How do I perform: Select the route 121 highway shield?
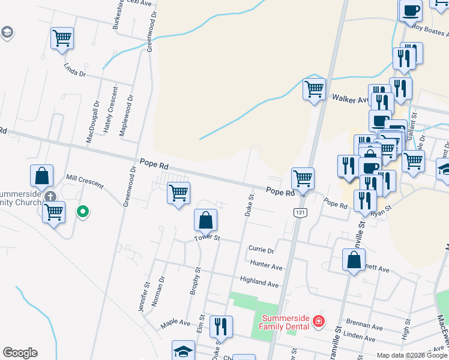(298, 213)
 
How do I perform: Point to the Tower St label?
(208, 238)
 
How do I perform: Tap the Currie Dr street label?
(261, 249)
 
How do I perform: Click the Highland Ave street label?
(259, 282)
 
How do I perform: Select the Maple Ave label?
(175, 325)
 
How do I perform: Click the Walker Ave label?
(349, 98)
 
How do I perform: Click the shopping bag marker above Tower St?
(206, 220)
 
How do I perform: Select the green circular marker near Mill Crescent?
(83, 211)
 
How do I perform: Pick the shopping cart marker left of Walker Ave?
(314, 90)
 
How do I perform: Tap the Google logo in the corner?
(20, 353)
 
